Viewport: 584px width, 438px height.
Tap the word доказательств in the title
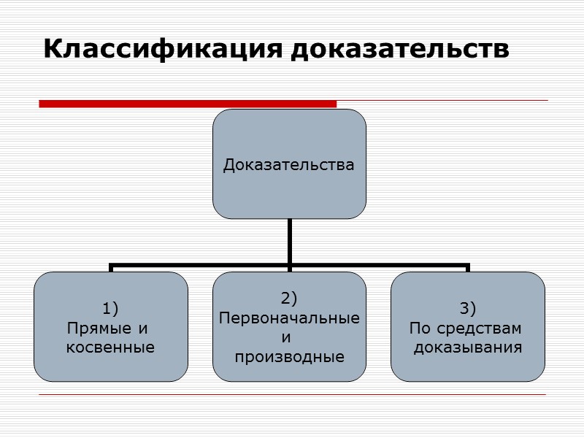pos(400,50)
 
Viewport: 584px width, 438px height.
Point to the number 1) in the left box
pos(110,306)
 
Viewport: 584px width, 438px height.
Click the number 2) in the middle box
pos(289,298)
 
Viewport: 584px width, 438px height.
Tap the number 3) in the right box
pos(468,306)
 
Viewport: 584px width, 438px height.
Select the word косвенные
pos(110,347)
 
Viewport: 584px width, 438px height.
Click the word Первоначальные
pos(289,319)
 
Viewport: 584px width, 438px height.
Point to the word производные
pos(289,358)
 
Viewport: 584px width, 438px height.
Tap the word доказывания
pos(468,347)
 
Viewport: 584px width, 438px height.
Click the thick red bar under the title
pos(188,104)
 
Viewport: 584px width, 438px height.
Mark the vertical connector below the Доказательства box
pos(289,241)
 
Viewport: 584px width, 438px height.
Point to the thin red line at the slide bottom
pos(292,395)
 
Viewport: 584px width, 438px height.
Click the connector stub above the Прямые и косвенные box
pos(111,268)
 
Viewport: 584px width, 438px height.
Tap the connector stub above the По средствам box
pos(468,268)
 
